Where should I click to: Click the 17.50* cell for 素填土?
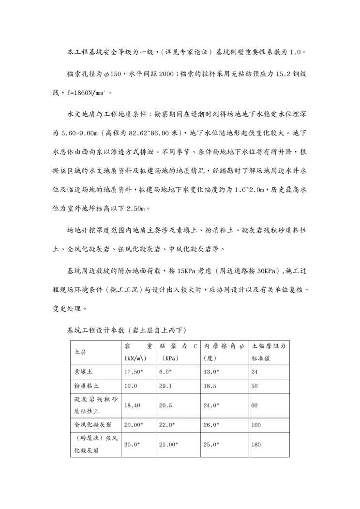pyautogui.click(x=134, y=372)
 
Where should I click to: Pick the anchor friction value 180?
pyautogui.click(x=256, y=444)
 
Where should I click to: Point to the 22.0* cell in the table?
pyautogui.click(x=167, y=425)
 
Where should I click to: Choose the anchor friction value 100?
pyautogui.click(x=256, y=425)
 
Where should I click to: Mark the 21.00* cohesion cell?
pyautogui.click(x=168, y=444)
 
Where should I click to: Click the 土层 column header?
pyautogui.click(x=80, y=352)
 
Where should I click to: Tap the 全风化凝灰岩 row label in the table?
pyautogui.click(x=93, y=425)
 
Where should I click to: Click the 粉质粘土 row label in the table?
pyautogui.click(x=87, y=387)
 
